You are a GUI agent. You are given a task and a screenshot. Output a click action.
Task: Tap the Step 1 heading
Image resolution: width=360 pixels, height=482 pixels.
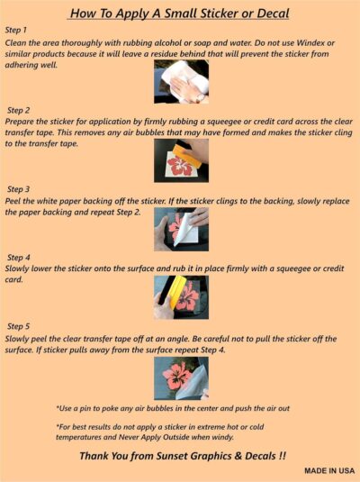(x=16, y=30)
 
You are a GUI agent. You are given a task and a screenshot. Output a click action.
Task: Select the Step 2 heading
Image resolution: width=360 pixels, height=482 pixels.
(x=18, y=110)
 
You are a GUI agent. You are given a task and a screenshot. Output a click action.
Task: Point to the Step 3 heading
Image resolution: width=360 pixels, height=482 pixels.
(x=18, y=189)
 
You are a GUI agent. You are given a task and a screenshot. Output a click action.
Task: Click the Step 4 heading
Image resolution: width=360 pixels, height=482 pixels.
(x=18, y=258)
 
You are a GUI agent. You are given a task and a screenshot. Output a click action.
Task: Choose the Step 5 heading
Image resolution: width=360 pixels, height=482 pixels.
(x=18, y=326)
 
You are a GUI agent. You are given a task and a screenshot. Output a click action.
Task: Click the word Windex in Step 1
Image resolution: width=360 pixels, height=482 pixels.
(x=310, y=42)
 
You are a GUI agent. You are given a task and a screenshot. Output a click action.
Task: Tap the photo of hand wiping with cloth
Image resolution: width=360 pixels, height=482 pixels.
(x=181, y=81)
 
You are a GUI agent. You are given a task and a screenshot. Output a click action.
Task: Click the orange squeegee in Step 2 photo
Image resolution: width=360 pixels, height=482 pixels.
(x=187, y=155)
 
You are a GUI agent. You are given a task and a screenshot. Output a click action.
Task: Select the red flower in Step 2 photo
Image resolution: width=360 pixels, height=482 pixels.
(x=181, y=166)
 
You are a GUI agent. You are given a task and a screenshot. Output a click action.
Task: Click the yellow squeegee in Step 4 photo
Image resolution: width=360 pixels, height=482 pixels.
(x=176, y=291)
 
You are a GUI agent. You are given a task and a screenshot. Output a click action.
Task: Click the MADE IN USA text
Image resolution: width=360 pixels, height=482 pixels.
(x=329, y=470)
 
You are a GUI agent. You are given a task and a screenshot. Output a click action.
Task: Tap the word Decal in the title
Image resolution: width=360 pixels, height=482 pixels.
(x=273, y=14)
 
